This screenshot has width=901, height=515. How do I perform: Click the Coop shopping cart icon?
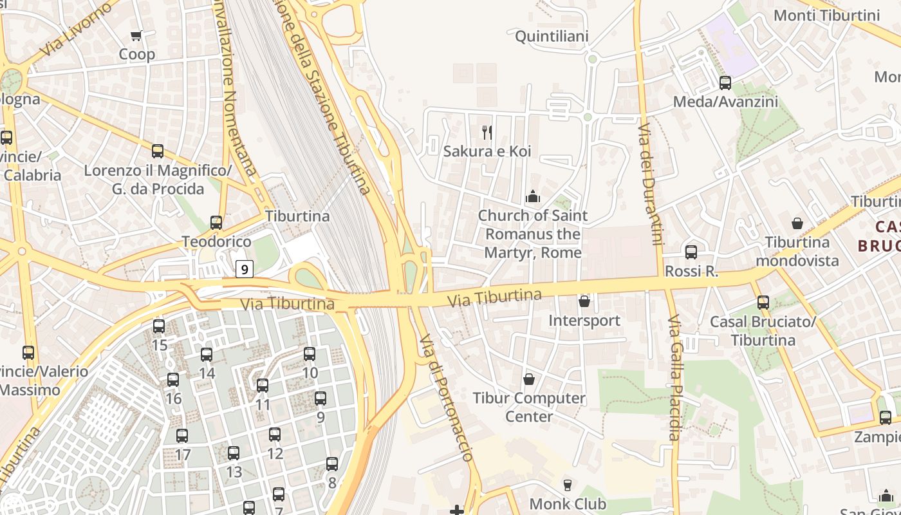(136, 36)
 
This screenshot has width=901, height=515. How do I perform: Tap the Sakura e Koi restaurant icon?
(487, 133)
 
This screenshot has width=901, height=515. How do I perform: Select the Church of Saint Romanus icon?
(533, 196)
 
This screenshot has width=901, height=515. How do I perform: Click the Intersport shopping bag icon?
(584, 301)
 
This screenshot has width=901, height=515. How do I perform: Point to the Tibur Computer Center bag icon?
(529, 379)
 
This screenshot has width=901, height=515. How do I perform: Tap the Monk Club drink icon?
(568, 485)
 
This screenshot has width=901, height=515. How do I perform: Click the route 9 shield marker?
(245, 269)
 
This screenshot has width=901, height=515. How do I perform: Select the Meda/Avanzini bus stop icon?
(725, 83)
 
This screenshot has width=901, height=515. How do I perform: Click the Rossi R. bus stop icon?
(691, 252)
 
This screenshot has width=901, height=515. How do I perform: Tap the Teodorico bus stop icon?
(216, 223)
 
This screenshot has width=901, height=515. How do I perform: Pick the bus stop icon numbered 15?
(159, 326)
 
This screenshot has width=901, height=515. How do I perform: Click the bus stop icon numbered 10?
(310, 354)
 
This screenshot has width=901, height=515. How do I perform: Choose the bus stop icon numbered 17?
(182, 436)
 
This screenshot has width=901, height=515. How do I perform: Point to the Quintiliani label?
(552, 37)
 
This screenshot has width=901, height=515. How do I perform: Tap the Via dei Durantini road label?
(650, 185)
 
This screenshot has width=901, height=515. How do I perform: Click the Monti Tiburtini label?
(826, 15)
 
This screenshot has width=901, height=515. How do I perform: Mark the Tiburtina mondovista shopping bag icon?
(797, 223)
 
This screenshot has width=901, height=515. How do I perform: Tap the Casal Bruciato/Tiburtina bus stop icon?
(763, 302)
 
